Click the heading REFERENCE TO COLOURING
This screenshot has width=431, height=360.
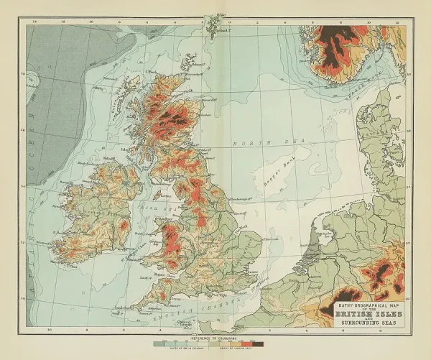(215, 336)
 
